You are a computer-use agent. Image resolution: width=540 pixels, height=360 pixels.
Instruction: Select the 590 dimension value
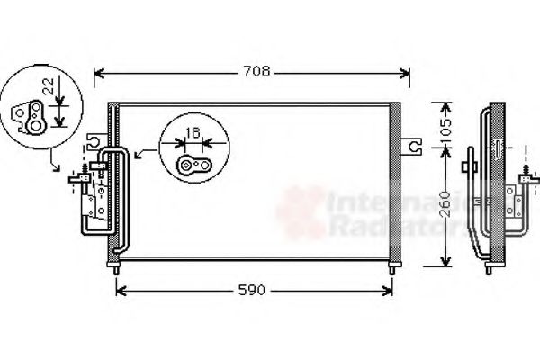point(253,290)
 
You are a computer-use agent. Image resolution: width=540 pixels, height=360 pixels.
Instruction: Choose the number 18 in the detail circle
point(193,134)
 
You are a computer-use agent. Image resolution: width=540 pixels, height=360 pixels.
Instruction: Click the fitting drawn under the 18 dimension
point(193,164)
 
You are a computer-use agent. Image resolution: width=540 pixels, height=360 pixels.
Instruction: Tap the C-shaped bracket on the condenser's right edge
point(412,145)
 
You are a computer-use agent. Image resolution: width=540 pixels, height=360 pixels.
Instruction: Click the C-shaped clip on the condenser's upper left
point(94,141)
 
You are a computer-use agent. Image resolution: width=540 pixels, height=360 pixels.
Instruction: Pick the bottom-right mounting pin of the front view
point(392,268)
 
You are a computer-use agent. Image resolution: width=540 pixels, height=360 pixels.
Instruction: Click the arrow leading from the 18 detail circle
point(141,156)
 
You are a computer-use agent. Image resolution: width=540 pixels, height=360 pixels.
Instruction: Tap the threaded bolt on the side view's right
point(523,171)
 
